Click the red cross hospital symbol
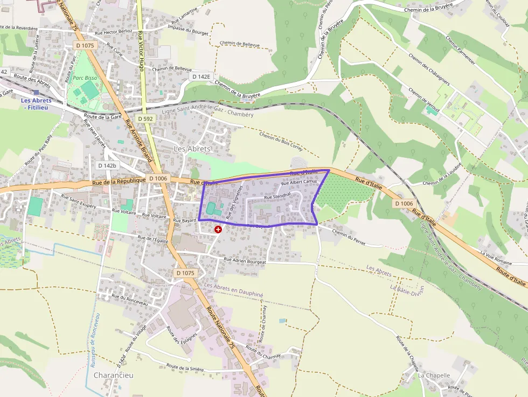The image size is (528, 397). click(x=218, y=229)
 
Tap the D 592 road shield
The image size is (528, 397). click(x=145, y=119)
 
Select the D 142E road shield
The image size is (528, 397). click(x=201, y=77)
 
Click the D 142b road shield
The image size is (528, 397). click(x=107, y=165)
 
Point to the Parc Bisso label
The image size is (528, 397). click(x=85, y=78)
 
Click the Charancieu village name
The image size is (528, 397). click(x=113, y=375)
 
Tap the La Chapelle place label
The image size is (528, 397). click(x=434, y=375)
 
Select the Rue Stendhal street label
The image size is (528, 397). click(x=277, y=197)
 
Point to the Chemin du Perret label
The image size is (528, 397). click(x=349, y=237)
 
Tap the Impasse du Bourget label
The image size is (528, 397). click(x=188, y=30)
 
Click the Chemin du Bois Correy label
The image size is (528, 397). click(x=281, y=142)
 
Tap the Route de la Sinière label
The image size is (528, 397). click(x=185, y=368)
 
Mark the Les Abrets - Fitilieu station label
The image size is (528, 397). click(x=37, y=104)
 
